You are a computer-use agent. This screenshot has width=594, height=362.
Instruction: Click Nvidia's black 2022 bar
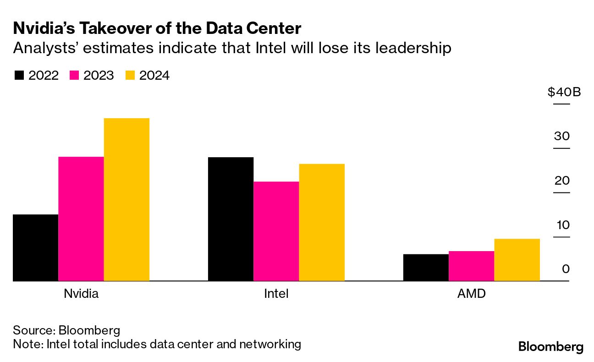point(36,247)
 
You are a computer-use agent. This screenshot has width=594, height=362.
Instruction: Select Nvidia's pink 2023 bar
point(81,219)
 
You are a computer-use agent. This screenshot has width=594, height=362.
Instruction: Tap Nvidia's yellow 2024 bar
point(126,199)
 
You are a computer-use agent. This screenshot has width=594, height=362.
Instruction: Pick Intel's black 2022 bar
point(231,219)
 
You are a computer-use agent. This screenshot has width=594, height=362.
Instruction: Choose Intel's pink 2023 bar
point(276,231)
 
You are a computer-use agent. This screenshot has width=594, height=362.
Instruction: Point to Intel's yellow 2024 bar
point(322,222)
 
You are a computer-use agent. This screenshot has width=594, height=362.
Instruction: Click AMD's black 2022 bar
point(426,267)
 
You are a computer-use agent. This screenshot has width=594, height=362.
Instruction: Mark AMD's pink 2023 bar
point(471,266)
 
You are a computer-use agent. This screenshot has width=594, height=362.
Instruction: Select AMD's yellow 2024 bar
point(517,259)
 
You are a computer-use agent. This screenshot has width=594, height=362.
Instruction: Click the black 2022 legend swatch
point(19,76)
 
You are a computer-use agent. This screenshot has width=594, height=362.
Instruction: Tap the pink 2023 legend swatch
point(74,76)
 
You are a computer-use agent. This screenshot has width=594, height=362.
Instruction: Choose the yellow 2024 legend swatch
point(130,76)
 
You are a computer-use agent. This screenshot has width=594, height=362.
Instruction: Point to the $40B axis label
point(564,92)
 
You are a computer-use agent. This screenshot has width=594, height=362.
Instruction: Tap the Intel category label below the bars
point(276,294)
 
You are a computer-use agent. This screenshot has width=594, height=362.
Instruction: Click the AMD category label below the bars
point(471,294)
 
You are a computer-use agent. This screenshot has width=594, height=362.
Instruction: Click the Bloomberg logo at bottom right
point(551,347)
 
